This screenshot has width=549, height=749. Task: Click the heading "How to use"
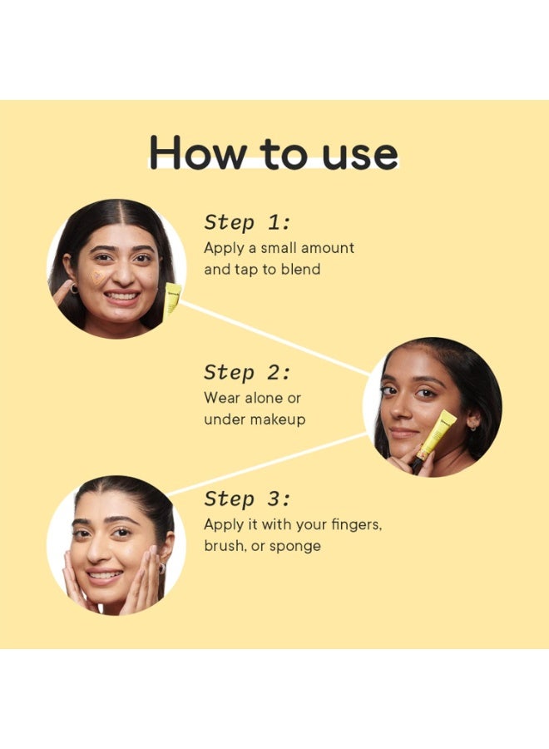point(274,152)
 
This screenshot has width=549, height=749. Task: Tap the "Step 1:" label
point(247,222)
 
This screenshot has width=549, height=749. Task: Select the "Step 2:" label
point(247,373)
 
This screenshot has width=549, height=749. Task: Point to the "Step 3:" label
point(247,499)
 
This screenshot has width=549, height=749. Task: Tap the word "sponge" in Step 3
point(295,546)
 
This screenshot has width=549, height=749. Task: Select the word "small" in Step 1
point(279,248)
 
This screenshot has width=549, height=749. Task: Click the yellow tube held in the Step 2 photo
point(433,439)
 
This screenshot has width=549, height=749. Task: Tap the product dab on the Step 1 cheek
point(99,278)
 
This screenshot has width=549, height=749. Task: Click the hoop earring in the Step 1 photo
point(74,289)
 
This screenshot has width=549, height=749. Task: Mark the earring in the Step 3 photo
point(162,568)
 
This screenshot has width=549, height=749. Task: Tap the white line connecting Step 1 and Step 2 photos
point(274,338)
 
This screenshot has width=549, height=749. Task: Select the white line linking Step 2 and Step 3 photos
point(267,464)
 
